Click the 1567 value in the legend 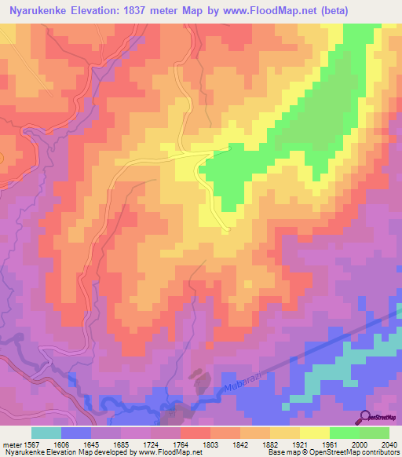tap(32, 443)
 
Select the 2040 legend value tap(389, 443)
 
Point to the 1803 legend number tap(210, 443)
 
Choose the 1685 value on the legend tap(122, 443)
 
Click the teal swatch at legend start tap(46, 432)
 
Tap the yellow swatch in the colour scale tap(314, 432)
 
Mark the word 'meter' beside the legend tap(11, 443)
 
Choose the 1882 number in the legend tap(270, 443)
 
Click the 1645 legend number tap(92, 443)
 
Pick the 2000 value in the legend tap(360, 443)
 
